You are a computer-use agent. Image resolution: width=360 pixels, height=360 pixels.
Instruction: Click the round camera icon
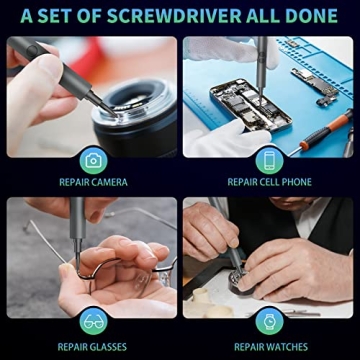93,160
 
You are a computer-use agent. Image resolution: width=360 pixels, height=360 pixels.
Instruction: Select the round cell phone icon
268,160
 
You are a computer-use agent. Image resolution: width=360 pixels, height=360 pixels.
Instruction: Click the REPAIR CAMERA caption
93,182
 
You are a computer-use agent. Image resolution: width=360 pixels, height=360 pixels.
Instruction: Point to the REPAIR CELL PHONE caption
269,182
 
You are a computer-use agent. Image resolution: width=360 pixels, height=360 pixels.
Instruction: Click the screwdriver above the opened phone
262,60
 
